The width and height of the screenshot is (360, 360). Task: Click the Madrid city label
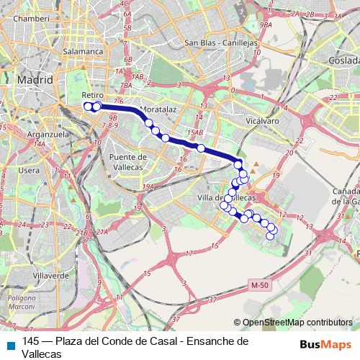35,80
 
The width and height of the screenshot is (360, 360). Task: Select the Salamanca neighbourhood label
84,52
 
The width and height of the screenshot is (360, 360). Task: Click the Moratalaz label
160,109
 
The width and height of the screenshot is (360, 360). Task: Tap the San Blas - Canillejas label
220,43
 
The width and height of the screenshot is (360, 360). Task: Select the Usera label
30,171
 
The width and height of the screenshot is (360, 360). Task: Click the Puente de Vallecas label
127,161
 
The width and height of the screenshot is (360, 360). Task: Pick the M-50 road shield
259,286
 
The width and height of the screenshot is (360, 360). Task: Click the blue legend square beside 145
9,342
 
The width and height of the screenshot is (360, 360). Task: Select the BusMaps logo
327,344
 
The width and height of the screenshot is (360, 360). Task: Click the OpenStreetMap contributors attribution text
297,323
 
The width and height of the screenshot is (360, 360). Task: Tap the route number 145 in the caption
31,341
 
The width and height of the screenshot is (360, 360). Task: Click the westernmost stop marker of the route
88,107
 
